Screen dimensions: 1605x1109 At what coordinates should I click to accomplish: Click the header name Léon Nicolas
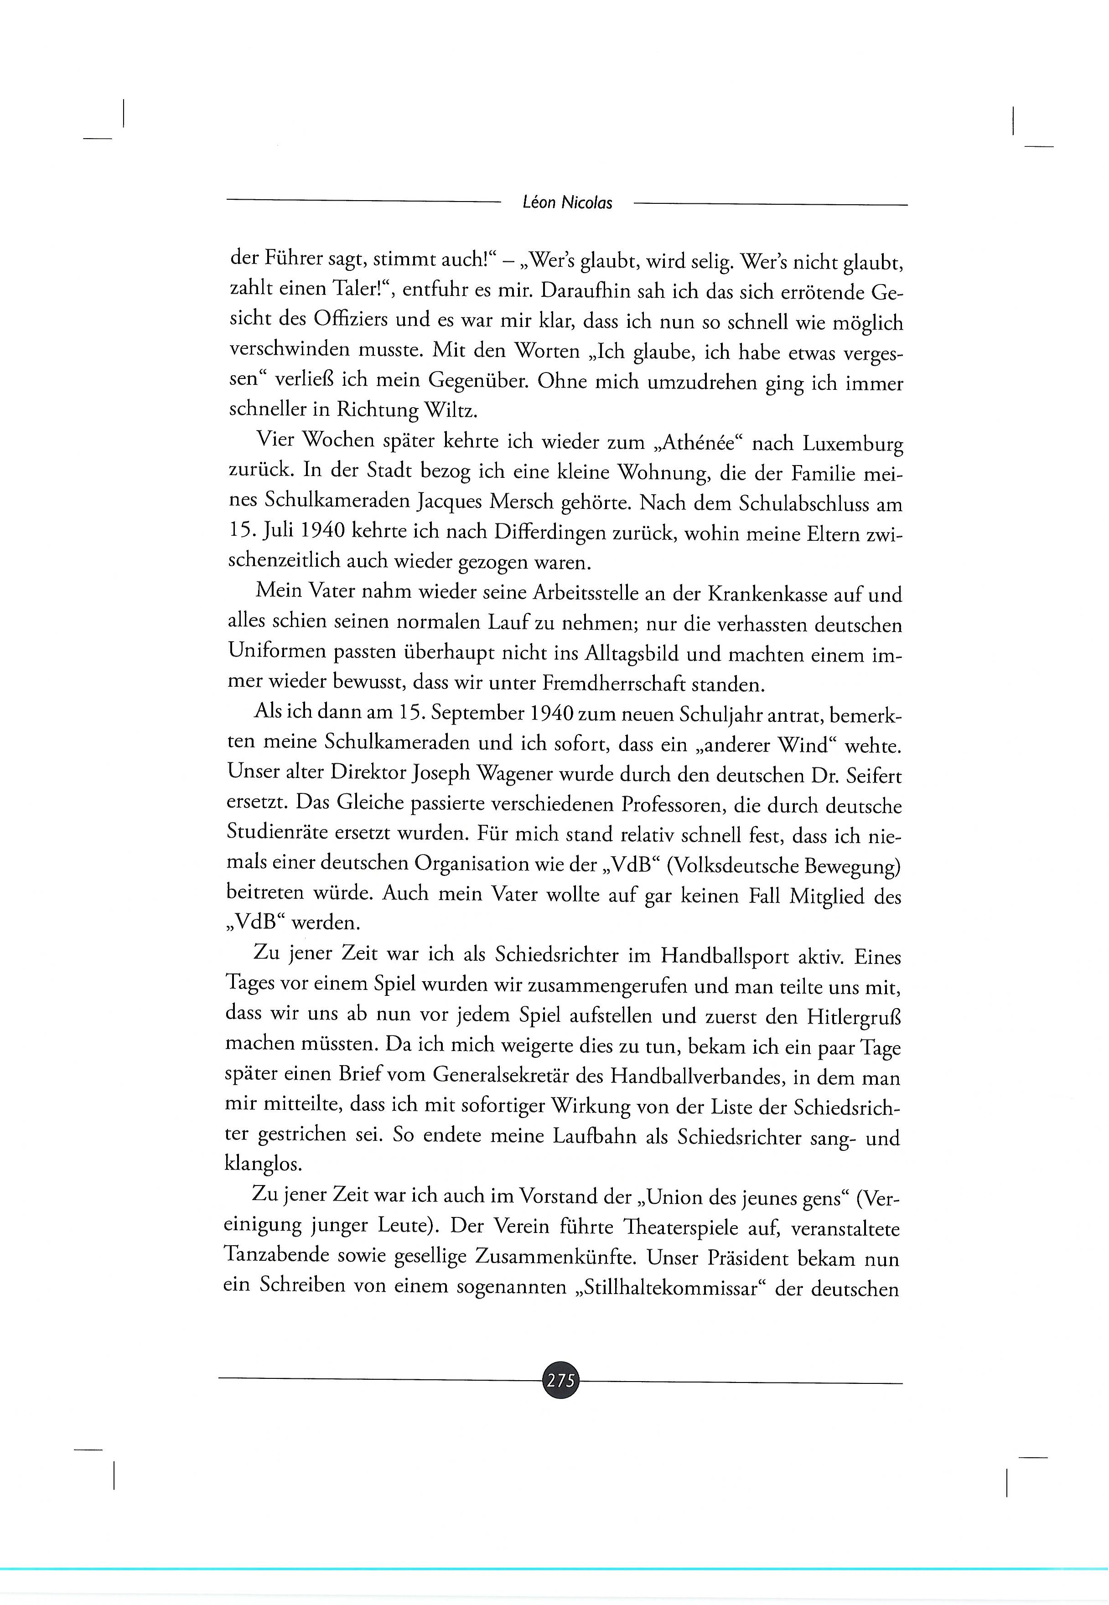[567, 203]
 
